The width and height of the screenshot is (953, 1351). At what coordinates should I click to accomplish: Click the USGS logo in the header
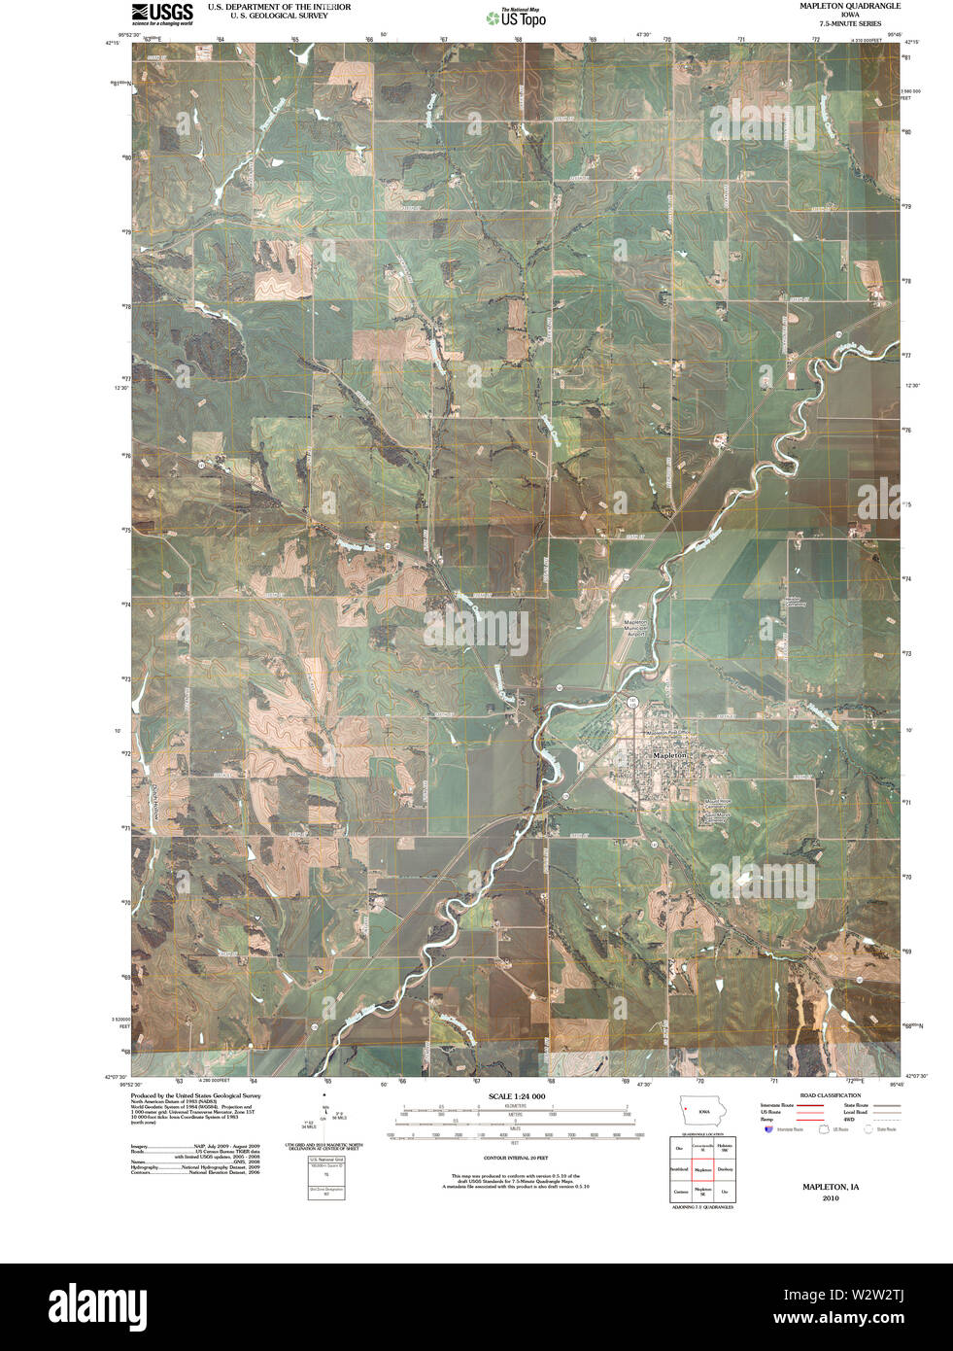coord(161,13)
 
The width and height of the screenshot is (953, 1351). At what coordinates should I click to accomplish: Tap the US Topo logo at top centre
coord(516,17)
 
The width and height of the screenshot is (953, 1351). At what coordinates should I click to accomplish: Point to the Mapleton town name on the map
coord(669,755)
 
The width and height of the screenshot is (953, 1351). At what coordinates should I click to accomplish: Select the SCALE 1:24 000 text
coord(516,1096)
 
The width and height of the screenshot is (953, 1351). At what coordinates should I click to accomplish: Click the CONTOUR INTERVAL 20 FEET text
coord(516,1159)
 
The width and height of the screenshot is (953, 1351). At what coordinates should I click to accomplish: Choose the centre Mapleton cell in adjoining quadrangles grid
coord(702,1169)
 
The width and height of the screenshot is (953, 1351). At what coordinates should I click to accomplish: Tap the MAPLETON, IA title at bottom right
coord(830,1187)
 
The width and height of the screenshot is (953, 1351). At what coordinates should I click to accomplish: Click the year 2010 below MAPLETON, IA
coord(830,1198)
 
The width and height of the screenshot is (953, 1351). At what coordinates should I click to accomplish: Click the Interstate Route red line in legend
coord(810,1106)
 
